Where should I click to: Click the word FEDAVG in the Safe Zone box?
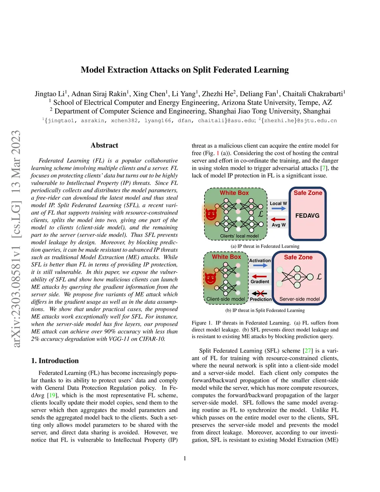(307, 215)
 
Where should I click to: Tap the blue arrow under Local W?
(278, 209)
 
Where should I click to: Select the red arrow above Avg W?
(278, 219)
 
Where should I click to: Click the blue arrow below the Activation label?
(260, 265)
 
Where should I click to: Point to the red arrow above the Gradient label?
(259, 276)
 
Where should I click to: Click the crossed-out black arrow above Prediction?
(259, 294)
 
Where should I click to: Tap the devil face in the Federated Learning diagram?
(211, 214)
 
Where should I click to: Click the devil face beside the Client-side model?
(210, 278)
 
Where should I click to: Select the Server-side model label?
(299, 299)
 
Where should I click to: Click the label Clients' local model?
(239, 236)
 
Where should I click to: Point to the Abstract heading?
(104, 145)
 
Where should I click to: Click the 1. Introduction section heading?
(55, 361)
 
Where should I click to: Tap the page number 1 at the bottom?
(185, 458)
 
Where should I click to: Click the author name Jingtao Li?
(50, 94)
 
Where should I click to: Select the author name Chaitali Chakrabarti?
(313, 94)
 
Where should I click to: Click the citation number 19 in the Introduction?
(52, 395)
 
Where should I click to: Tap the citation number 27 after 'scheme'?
(308, 351)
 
